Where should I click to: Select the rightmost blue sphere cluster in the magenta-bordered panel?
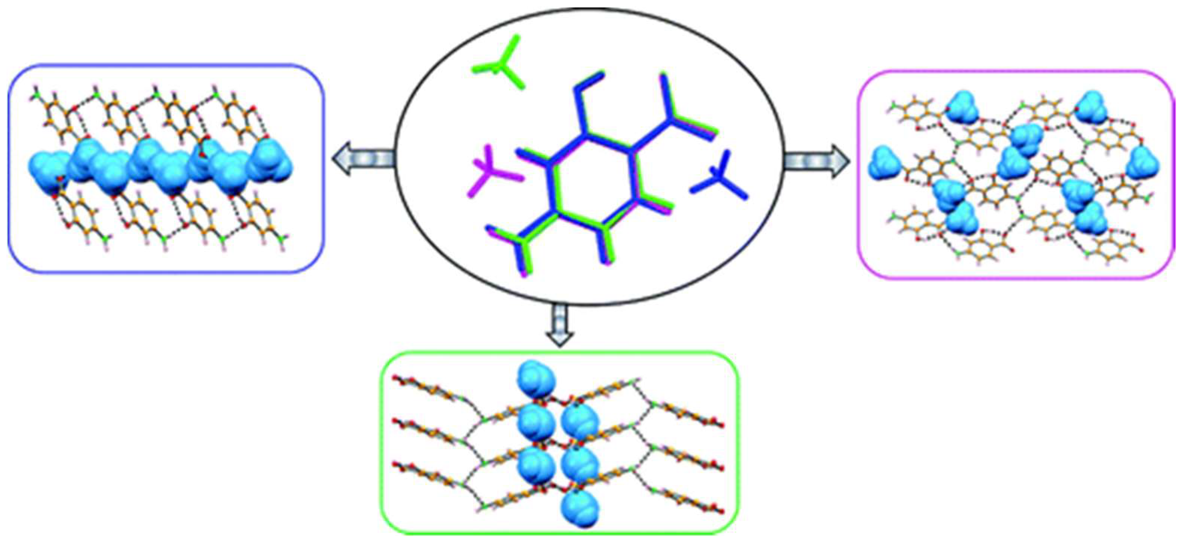(1142, 162)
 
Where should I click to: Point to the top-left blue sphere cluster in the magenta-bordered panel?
(959, 107)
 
